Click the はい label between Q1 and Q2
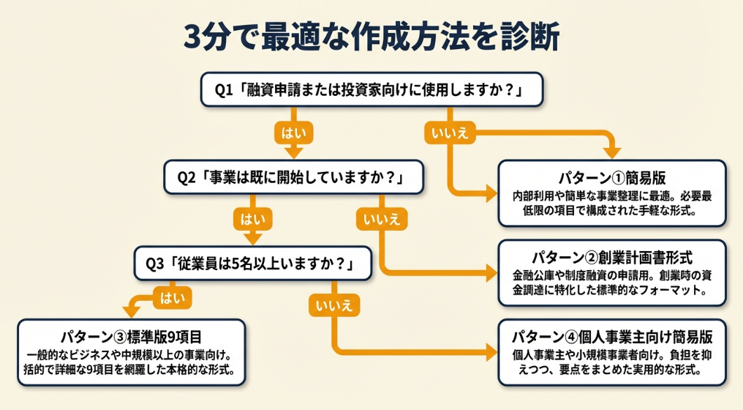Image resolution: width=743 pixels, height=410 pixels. [293, 133]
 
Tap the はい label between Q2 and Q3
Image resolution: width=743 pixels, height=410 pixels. [252, 218]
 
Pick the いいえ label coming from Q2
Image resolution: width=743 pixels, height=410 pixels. [380, 218]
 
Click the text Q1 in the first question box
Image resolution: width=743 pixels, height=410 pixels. [223, 90]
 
